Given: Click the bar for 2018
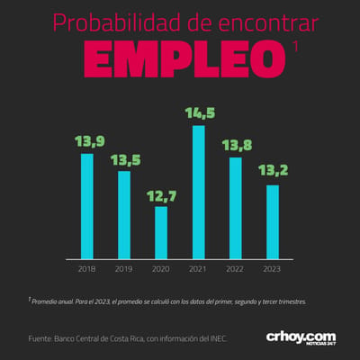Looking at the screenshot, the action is (87, 206).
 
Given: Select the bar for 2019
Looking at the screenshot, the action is (124, 215).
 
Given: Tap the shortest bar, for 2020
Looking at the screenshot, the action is (161, 233).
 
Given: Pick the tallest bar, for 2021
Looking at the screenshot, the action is (199, 193).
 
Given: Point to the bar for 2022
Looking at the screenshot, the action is (236, 208).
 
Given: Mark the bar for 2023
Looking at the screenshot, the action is (273, 222).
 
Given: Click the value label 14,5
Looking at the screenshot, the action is (200, 113).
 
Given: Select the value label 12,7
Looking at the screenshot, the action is (162, 196).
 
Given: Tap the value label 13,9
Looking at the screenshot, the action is (90, 141).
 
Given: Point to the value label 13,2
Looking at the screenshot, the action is (274, 170).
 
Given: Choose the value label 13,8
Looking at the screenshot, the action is (237, 146).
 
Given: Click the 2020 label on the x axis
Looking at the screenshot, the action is (161, 269).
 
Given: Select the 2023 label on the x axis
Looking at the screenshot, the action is (272, 269).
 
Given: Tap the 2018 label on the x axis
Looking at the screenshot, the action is (86, 269).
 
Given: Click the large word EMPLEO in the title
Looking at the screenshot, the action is (184, 58).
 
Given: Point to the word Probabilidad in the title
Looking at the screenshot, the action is (117, 23).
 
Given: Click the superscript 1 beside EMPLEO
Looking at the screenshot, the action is (295, 47).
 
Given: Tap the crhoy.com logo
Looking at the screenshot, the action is (301, 338).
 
